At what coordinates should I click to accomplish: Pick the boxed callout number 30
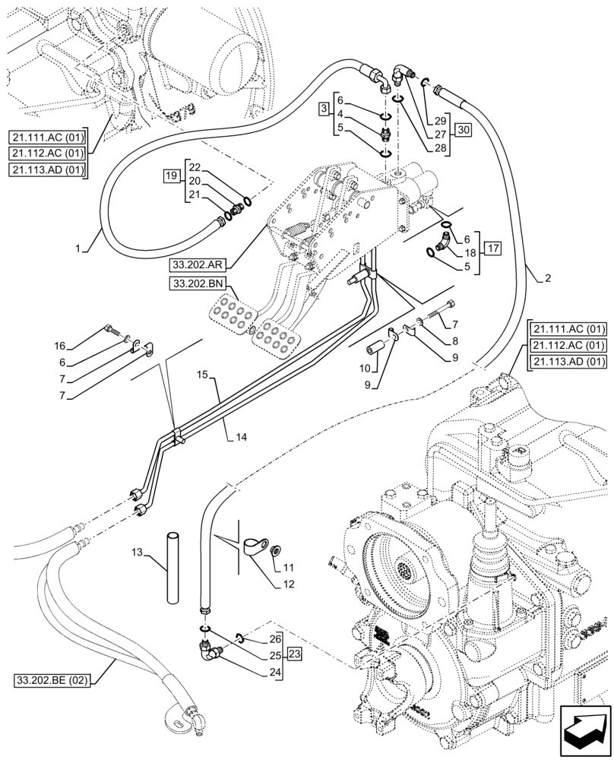pyautogui.click(x=464, y=130)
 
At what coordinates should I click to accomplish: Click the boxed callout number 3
pyautogui.click(x=323, y=110)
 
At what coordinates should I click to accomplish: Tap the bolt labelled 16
pyautogui.click(x=112, y=328)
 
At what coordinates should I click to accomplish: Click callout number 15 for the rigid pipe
pyautogui.click(x=201, y=375)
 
